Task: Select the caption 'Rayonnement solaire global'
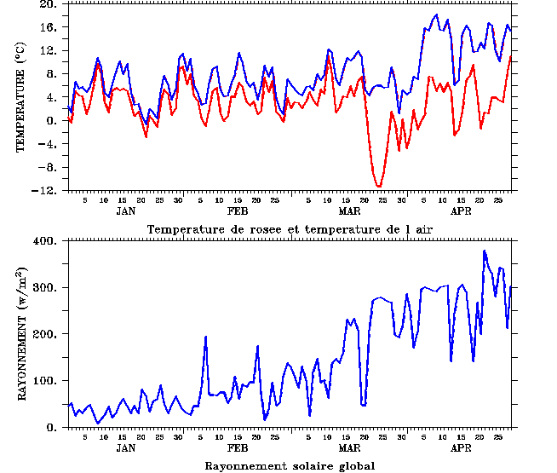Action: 290,465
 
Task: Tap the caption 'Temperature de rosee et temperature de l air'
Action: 290,229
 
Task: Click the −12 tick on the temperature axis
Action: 47,191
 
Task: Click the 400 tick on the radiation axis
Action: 44,241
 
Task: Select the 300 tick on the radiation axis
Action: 44,288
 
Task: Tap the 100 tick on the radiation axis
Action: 44,381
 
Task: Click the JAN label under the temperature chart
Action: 125,211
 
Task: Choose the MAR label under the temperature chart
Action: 349,211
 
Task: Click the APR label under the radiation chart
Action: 461,447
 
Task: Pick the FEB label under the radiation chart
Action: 238,447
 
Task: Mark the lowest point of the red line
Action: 379,186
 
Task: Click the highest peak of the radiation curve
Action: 485,251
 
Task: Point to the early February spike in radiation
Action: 206,337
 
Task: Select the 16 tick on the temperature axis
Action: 49,27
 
